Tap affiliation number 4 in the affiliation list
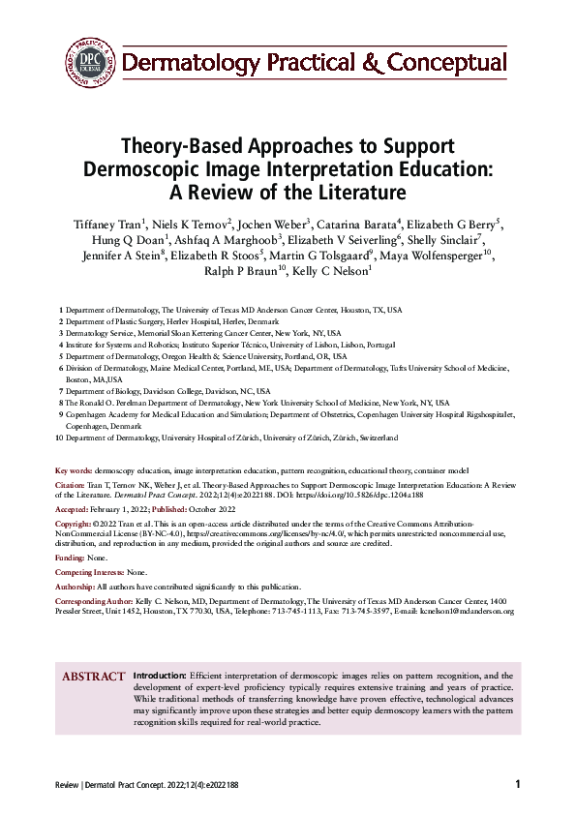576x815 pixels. [62, 345]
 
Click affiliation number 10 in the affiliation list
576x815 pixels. [60, 438]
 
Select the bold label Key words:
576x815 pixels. [75, 470]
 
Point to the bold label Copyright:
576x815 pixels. [76, 522]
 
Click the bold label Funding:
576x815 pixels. [71, 558]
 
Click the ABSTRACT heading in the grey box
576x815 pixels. [94, 677]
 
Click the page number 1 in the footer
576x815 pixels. [518, 784]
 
